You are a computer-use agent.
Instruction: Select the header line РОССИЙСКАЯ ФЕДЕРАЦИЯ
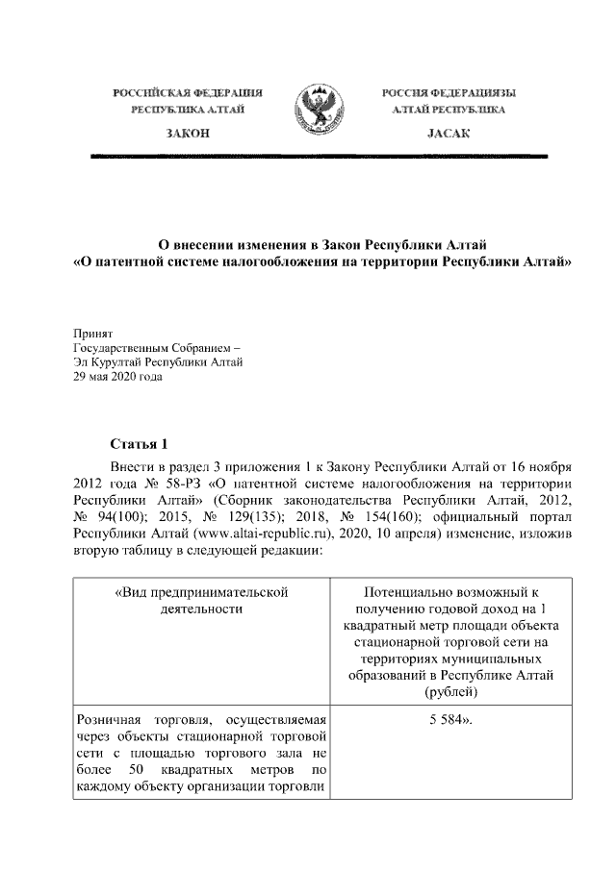pyautogui.click(x=189, y=93)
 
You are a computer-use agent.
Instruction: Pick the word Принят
pyautogui.click(x=93, y=332)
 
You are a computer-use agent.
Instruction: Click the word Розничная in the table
pyautogui.click(x=107, y=720)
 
